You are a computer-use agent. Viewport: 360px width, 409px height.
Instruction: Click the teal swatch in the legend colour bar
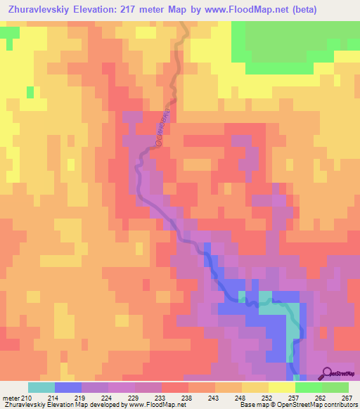pyautogui.click(x=41, y=387)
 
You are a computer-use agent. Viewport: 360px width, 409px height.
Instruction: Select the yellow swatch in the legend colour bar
pyautogui.click(x=281, y=387)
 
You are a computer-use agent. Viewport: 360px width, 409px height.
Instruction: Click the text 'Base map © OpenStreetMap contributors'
pyautogui.click(x=297, y=405)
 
